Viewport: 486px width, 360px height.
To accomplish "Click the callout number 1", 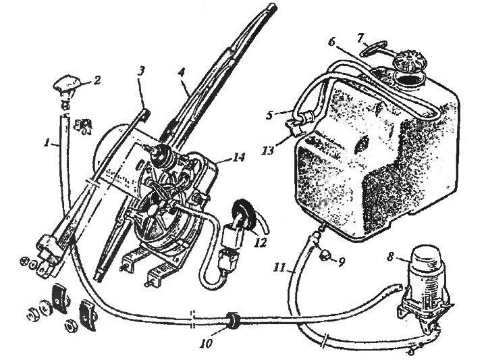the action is (47, 143).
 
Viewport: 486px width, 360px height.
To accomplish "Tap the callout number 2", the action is (97, 80).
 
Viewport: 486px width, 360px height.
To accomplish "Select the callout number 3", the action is (140, 72).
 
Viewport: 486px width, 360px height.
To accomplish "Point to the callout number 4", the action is (182, 74).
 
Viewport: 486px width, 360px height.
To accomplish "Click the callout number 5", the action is (269, 115).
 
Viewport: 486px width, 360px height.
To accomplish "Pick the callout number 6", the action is (331, 42).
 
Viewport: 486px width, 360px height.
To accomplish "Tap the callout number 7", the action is (360, 38).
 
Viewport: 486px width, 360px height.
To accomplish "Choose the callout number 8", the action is (391, 257).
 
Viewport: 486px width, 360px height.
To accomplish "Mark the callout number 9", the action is (341, 263).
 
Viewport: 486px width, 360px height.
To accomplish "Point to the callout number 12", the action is (261, 242).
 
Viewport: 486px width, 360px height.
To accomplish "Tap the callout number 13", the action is (268, 151).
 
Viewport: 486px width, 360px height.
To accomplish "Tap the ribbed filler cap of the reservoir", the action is (410, 63).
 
